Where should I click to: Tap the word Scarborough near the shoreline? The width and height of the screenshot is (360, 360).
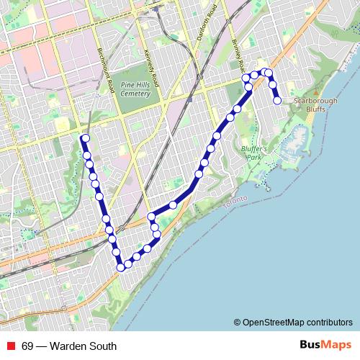coord(315,101)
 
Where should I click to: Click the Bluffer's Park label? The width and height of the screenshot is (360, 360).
coord(255,153)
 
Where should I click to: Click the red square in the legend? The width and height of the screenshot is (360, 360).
coord(12,346)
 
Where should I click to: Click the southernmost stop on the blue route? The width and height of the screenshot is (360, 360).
coord(121,268)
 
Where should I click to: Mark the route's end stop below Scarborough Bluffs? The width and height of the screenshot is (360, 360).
coord(277,101)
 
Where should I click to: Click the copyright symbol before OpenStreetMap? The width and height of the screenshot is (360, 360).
coord(237,322)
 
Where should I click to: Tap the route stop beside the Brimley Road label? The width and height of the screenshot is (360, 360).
coord(246,78)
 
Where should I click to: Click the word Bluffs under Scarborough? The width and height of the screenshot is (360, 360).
coord(315,109)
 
